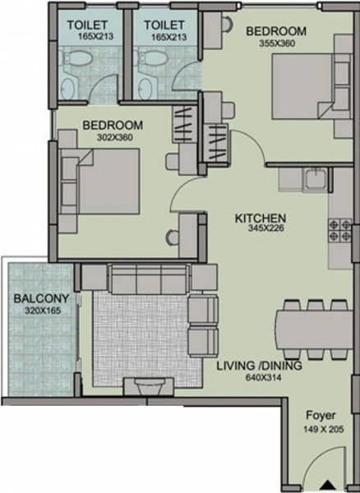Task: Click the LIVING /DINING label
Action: coord(260,366)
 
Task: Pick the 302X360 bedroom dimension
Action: coord(113,138)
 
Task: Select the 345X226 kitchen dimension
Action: coord(261,231)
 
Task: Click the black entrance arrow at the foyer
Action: coord(327,486)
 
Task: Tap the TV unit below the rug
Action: coord(149,386)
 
